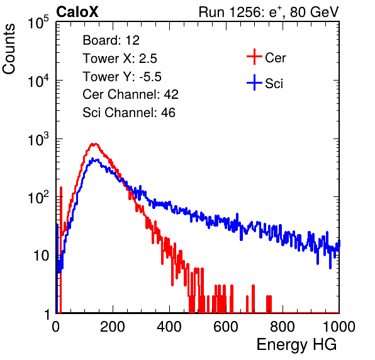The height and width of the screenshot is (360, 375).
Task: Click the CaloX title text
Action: click(77, 12)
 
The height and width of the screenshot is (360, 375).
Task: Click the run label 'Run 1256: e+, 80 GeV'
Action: click(269, 12)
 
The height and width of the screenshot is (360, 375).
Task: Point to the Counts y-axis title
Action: click(9, 49)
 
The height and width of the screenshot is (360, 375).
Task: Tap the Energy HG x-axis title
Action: click(296, 345)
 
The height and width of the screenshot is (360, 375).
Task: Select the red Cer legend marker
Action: click(254, 57)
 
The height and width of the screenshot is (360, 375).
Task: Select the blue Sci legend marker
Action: click(254, 82)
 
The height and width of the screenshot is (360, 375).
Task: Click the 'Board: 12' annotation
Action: click(111, 40)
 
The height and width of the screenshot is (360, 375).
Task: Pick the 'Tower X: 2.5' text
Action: click(120, 59)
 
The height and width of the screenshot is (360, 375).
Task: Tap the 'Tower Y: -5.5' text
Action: click(122, 77)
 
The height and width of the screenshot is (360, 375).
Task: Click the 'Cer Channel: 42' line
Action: click(131, 94)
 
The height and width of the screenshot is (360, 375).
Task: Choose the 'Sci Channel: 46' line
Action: click(129, 113)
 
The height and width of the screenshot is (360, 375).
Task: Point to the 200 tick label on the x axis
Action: click(113, 327)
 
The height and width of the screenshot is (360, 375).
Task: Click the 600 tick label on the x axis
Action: click(226, 327)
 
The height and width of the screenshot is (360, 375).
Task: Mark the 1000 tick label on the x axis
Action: click(339, 327)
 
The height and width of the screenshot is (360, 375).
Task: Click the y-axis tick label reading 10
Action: click(41, 256)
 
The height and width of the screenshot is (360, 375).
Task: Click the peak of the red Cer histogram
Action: click(94, 144)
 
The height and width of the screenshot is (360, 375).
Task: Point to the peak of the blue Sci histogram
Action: click(95, 160)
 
